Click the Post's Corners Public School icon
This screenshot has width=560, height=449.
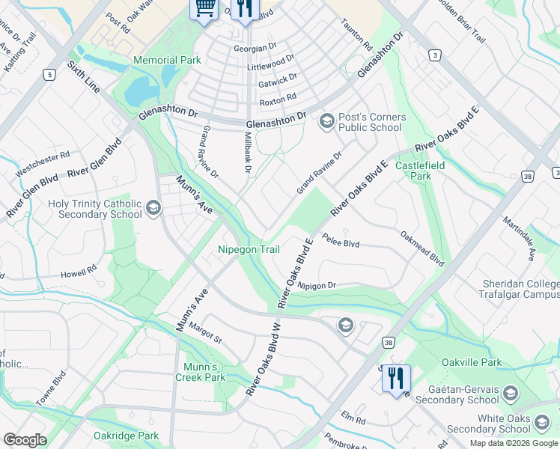[326, 121]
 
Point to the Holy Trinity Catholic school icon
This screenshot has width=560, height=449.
[153, 208]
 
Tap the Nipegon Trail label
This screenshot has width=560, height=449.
[249, 249]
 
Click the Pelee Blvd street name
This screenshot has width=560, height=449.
[341, 243]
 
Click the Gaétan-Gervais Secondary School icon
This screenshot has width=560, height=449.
[510, 394]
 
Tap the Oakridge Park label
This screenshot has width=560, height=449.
[126, 436]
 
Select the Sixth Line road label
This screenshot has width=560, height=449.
[83, 78]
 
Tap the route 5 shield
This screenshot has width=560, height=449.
[49, 74]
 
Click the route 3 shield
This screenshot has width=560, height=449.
[434, 55]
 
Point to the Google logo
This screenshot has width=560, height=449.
[25, 440]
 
